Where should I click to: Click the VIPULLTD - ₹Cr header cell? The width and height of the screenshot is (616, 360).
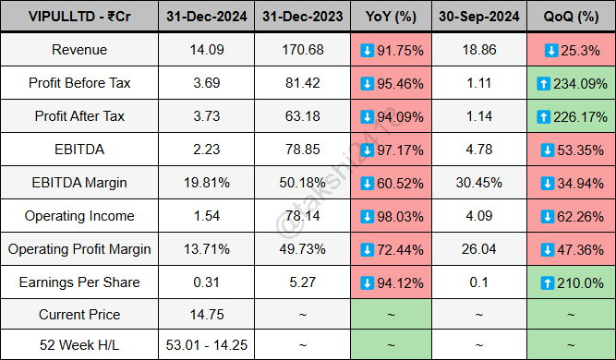(79, 18)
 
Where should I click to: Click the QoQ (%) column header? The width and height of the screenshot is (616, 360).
(571, 18)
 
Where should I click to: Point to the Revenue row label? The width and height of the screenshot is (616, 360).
(79, 50)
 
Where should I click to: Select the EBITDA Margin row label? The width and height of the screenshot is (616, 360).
(79, 183)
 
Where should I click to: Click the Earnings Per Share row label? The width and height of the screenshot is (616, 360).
(79, 282)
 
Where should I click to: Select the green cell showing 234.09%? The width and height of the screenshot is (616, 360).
(571, 83)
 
